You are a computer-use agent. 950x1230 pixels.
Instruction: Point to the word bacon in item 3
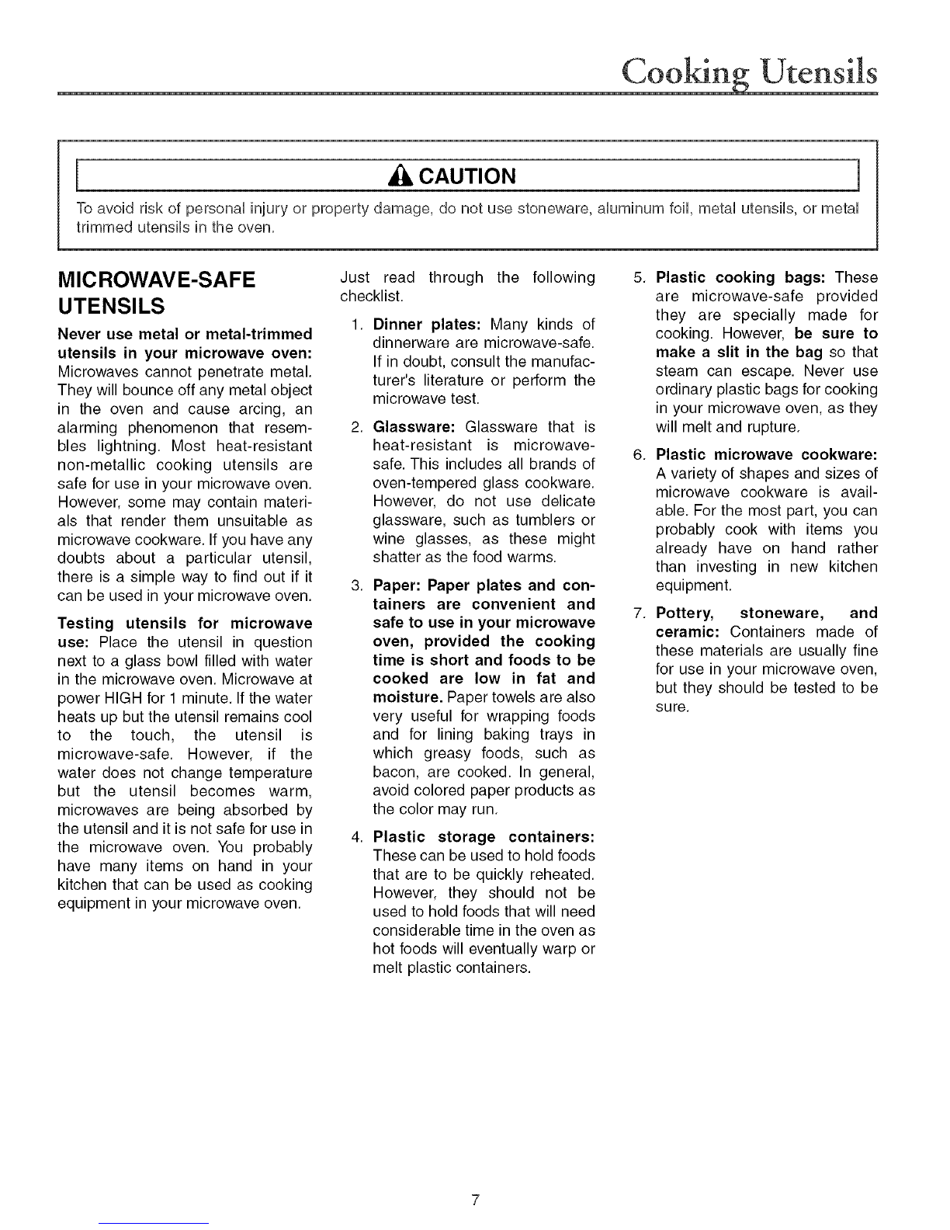[x=394, y=772]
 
